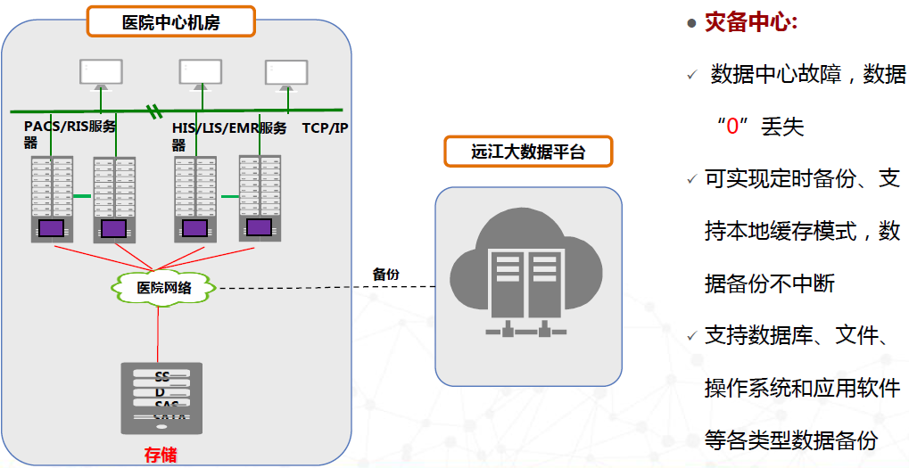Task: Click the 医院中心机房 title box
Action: [170, 22]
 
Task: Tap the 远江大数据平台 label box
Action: [528, 152]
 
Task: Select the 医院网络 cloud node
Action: [163, 287]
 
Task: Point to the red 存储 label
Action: [161, 455]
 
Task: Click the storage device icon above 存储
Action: [161, 398]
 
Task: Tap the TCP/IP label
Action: [325, 128]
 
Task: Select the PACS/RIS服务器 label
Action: [70, 134]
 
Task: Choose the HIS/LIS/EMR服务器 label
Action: [229, 135]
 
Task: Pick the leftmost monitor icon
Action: [101, 74]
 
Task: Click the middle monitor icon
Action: [200, 74]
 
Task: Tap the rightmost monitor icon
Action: [287, 74]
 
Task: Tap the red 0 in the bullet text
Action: [732, 127]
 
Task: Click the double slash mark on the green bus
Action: [155, 111]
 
